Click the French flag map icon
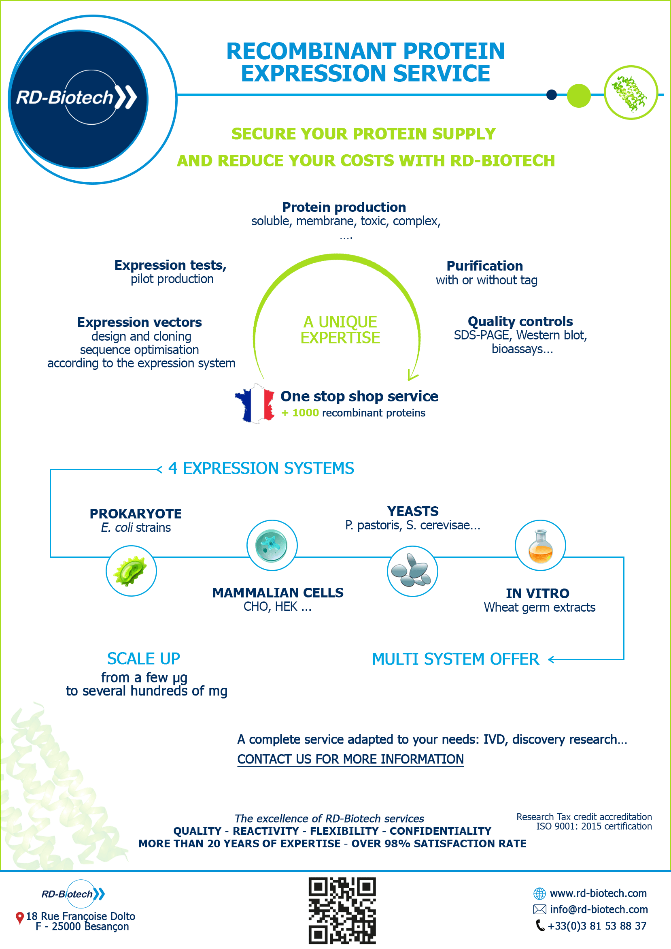tap(255, 403)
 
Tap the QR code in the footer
tap(342, 911)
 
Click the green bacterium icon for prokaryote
tap(132, 571)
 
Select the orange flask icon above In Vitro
tap(540, 546)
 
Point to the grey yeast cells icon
tap(412, 571)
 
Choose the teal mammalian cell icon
tap(272, 546)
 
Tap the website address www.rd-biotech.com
tap(598, 893)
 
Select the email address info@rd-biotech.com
tap(599, 909)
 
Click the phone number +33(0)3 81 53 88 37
tap(597, 926)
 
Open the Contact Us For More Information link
tap(350, 759)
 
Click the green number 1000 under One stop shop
tap(305, 413)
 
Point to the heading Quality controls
tap(520, 321)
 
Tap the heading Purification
tap(485, 265)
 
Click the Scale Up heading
tap(144, 658)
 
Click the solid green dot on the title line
tap(579, 96)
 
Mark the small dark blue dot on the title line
tap(551, 95)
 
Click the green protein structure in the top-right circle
tap(629, 94)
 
